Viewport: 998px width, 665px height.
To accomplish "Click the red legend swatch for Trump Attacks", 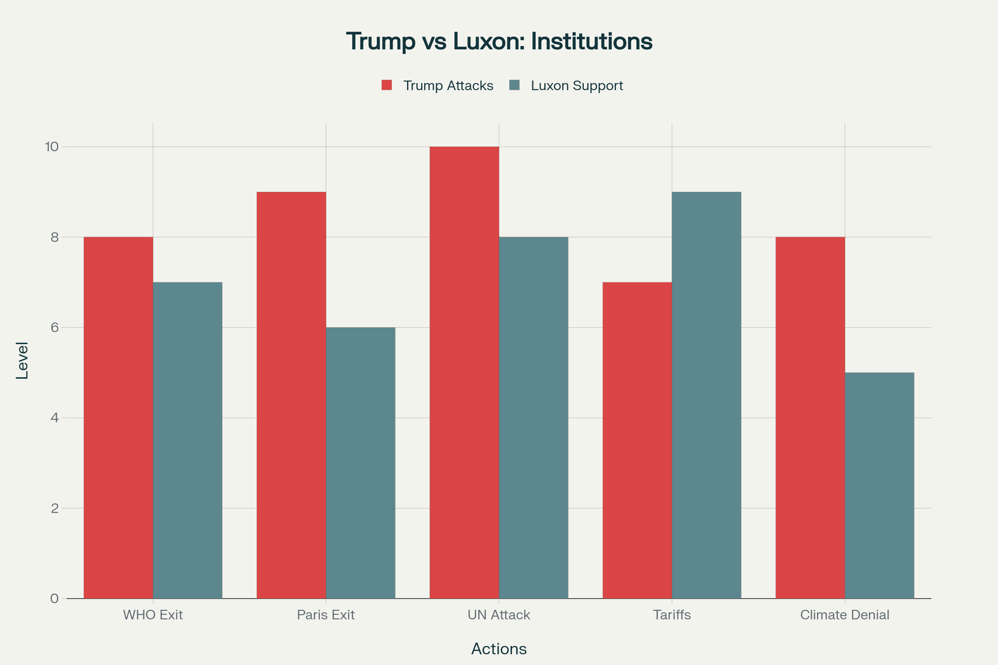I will tap(387, 85).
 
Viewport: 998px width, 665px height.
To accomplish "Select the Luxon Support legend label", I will tap(577, 86).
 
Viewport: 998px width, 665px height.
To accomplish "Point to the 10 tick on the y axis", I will tap(52, 147).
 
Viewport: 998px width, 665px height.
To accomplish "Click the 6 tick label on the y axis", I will tap(54, 328).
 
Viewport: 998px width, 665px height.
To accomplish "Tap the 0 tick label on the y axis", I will tap(54, 599).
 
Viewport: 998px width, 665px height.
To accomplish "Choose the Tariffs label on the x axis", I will tap(672, 615).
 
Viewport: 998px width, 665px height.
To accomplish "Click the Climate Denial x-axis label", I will tap(844, 615).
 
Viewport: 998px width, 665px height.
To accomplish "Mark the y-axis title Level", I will tap(22, 360).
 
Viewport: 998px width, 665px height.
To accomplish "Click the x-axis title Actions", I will tap(499, 649).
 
